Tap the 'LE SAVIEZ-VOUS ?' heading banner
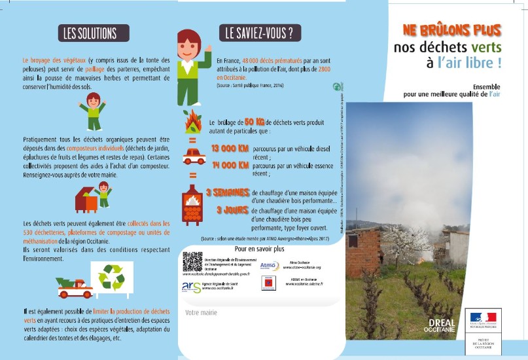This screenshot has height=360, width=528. pyautogui.click(x=258, y=33)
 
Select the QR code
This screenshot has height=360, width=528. pyautogui.click(x=192, y=261)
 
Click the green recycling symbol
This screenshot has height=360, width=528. pyautogui.click(x=111, y=276)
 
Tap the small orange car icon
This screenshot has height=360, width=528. pyautogui.click(x=193, y=155)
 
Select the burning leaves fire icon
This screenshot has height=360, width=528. pyautogui.click(x=192, y=120)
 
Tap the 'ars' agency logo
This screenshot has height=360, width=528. pyautogui.click(x=192, y=285)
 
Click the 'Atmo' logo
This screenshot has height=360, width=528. pyautogui.click(x=269, y=265)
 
